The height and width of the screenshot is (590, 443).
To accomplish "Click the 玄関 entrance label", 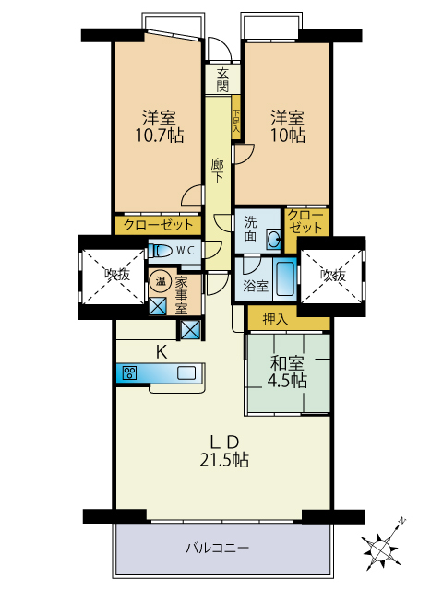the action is pos(222,80).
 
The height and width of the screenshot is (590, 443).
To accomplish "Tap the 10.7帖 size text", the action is pos(160,136).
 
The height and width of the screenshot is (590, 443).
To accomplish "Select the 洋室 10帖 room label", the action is pos(288,127).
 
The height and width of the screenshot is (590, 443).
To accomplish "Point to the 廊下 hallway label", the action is pos(218,171).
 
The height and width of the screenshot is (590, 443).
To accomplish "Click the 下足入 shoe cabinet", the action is pos(236,118).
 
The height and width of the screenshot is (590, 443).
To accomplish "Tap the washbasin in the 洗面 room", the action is pos(273,239).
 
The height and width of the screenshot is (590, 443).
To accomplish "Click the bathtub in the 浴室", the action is pos(285,278).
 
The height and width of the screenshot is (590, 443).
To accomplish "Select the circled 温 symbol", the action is pos(161,280).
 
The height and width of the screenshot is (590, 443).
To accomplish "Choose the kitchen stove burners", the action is pos(130,373).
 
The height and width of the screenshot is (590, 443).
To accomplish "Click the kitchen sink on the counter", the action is pos(186,372).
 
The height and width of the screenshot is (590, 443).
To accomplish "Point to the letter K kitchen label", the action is pos(162,352).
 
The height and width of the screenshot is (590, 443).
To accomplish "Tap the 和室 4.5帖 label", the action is pos(287,372).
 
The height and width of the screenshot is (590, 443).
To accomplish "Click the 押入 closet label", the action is pos(275,319).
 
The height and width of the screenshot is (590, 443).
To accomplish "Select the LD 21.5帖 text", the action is pos(224,451).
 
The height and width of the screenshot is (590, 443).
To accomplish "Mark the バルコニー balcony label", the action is pos(218,548).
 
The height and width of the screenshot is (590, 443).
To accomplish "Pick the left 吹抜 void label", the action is pos(117,275).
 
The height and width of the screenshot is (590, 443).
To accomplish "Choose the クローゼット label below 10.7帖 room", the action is pos(159,225).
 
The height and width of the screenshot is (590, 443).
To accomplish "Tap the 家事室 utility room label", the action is pos(181,295).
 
